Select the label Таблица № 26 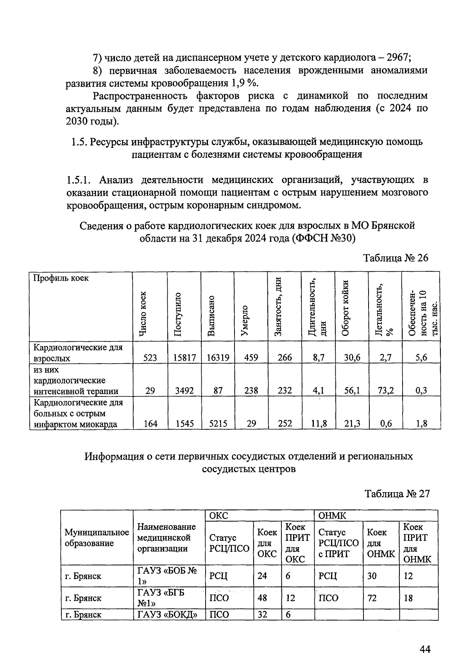point(396,258)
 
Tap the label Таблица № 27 point(397,494)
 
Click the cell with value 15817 point(184,357)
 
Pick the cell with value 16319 point(218,357)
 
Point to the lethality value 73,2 point(385,390)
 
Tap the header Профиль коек point(61,278)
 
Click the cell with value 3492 point(184,390)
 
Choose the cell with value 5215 point(218,423)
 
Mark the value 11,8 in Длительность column point(318,423)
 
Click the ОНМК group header point(333,515)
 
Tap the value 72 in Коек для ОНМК point(372,598)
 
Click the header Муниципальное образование point(97,538)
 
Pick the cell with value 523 point(150,357)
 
